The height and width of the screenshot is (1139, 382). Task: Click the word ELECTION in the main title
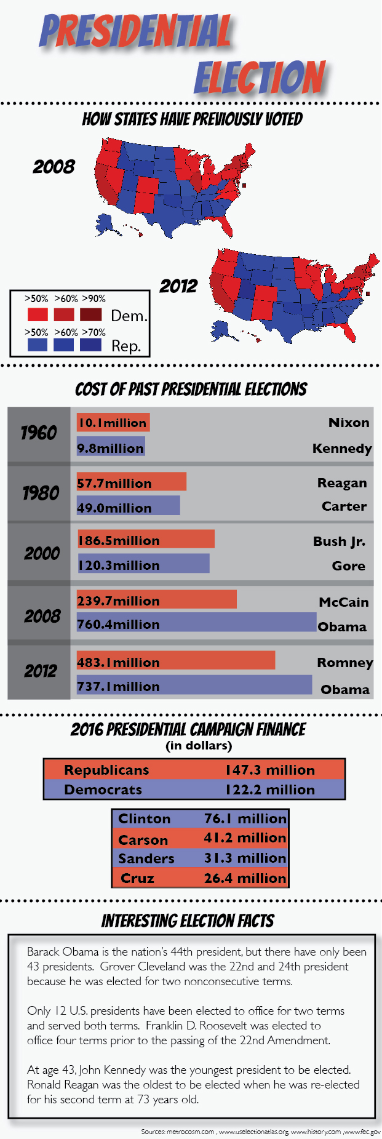pos(260,78)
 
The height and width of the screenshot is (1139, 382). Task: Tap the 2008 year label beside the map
pos(54,167)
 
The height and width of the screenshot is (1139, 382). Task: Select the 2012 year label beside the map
pos(178,286)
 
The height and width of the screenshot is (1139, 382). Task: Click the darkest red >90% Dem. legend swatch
pos(91,314)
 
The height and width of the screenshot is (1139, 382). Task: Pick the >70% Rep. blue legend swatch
pos(91,345)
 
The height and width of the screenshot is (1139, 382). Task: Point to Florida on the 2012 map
pos(349,333)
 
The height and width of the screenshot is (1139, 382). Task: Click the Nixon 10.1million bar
pos(113,423)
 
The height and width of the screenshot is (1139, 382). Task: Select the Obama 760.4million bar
pos(196,622)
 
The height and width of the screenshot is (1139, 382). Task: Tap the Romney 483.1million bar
pos(175,661)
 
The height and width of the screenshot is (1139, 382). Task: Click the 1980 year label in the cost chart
pos(41,493)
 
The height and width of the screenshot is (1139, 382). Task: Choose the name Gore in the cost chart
pos(348,566)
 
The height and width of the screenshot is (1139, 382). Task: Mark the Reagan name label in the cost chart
pos(341,483)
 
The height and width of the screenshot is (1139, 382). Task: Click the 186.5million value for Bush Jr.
pos(119,540)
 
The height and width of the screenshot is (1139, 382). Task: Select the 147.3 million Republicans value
pos(269,770)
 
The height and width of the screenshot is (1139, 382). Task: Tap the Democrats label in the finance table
pos(103,789)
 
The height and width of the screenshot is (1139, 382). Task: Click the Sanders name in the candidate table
pos(146,858)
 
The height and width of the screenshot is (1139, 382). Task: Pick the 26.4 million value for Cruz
pos(245,878)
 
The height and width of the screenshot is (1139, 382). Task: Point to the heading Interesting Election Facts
pos(188,921)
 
